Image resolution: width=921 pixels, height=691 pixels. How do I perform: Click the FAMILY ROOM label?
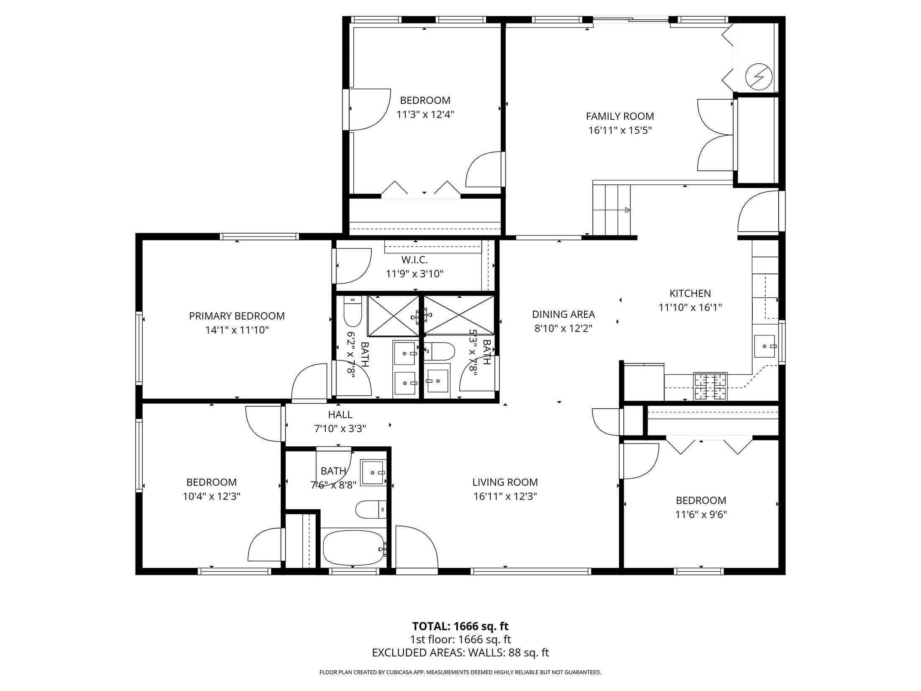[x=620, y=116]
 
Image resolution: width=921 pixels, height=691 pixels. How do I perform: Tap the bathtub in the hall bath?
[x=354, y=548]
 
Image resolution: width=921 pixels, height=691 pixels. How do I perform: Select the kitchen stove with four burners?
[x=710, y=386]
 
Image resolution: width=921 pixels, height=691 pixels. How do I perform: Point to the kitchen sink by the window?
[x=764, y=346]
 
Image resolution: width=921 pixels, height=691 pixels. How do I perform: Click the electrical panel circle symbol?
[x=759, y=77]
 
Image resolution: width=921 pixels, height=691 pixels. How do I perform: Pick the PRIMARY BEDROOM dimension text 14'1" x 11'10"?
[x=237, y=330]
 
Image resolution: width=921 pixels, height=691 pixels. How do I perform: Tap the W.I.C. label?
[x=414, y=260]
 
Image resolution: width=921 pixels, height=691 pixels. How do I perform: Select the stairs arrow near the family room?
[x=627, y=210]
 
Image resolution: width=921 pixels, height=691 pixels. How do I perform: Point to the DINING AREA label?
[x=563, y=314]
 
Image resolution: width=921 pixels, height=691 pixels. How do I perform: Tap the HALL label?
[x=340, y=415]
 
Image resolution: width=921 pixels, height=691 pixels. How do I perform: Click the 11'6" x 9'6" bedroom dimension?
[x=701, y=514]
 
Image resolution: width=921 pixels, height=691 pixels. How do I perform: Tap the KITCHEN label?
[x=690, y=293]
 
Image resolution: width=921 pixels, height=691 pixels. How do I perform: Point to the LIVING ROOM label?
[x=505, y=482]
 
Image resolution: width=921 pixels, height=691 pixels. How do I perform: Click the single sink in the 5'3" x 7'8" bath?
[x=437, y=381]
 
